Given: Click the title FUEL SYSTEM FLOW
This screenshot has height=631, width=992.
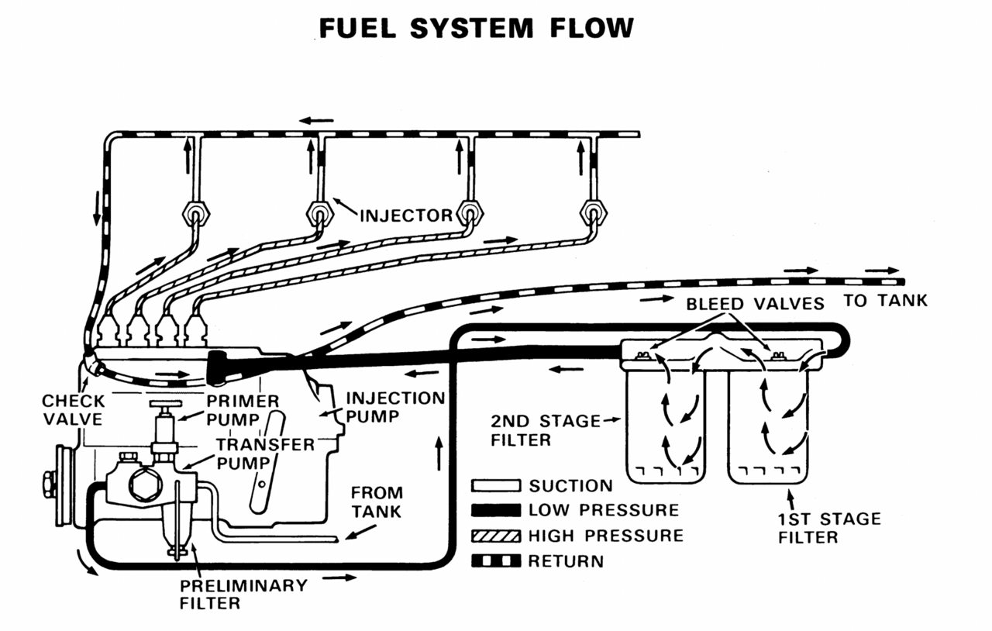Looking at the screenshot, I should pyautogui.click(x=477, y=28).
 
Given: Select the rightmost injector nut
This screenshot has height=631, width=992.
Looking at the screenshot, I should pyautogui.click(x=593, y=211).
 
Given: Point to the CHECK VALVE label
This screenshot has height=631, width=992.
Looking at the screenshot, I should pyautogui.click(x=72, y=410).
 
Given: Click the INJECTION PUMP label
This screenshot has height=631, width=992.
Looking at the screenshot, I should pyautogui.click(x=395, y=408).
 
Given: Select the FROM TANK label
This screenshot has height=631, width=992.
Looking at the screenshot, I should pyautogui.click(x=377, y=502).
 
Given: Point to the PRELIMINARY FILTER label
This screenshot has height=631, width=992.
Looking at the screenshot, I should pyautogui.click(x=243, y=593).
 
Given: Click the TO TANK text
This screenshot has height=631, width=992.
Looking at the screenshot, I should pyautogui.click(x=885, y=301).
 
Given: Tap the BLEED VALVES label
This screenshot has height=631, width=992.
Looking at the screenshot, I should pyautogui.click(x=755, y=304).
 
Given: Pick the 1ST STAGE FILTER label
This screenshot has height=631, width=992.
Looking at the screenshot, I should pyautogui.click(x=830, y=527).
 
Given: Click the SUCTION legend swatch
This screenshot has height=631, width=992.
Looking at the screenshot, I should pyautogui.click(x=496, y=486).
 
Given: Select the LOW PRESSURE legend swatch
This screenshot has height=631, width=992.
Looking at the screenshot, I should pyautogui.click(x=496, y=510).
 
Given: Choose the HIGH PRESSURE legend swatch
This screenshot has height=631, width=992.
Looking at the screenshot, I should pyautogui.click(x=496, y=536).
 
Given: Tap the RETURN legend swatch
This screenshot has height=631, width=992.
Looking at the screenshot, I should pyautogui.click(x=496, y=560).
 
